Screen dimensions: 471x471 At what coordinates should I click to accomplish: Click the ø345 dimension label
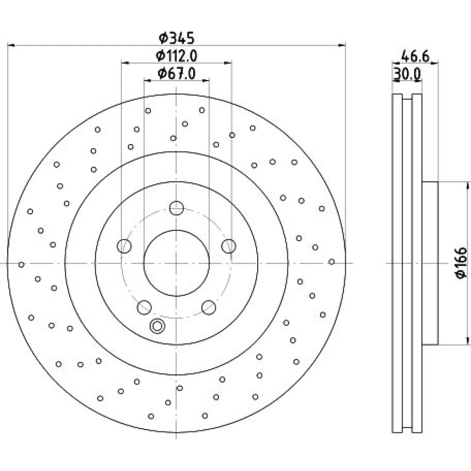pyautogui.click(x=177, y=38)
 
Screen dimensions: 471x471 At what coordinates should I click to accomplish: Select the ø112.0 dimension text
pyautogui.click(x=177, y=56)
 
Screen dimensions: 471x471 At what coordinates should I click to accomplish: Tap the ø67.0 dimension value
pyautogui.click(x=177, y=73)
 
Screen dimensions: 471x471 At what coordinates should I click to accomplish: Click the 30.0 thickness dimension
pyautogui.click(x=407, y=74)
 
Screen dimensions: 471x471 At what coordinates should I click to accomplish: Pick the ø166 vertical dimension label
pyautogui.click(x=461, y=263)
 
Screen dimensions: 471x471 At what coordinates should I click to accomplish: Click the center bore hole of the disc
pyautogui.click(x=177, y=263)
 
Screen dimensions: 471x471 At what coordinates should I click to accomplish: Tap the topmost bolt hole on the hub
pyautogui.click(x=177, y=208)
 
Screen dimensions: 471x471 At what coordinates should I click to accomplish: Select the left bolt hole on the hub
pyautogui.click(x=124, y=246)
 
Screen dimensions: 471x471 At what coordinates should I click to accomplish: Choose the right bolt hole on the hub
pyautogui.click(x=228, y=246)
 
